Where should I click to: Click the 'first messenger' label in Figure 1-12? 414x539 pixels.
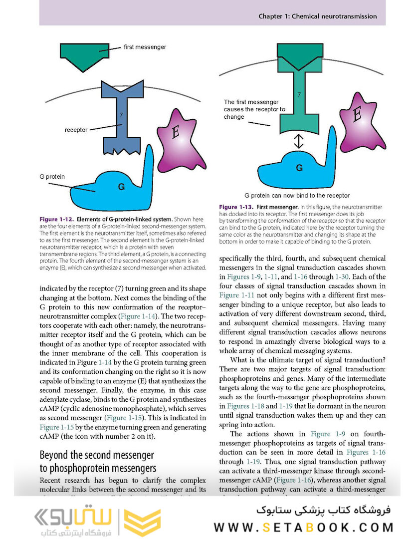(x=145, y=47)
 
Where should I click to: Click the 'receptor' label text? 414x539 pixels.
(x=76, y=130)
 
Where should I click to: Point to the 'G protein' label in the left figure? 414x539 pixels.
(x=52, y=177)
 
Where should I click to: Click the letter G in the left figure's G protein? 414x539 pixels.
(x=121, y=187)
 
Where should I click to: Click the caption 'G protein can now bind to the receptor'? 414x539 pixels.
(x=297, y=196)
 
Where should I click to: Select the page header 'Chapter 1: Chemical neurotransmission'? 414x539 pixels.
(x=317, y=16)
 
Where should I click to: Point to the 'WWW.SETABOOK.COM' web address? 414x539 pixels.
(x=304, y=527)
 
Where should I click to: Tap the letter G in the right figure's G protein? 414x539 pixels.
(x=299, y=168)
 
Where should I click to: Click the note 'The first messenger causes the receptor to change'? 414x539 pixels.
(x=254, y=109)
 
